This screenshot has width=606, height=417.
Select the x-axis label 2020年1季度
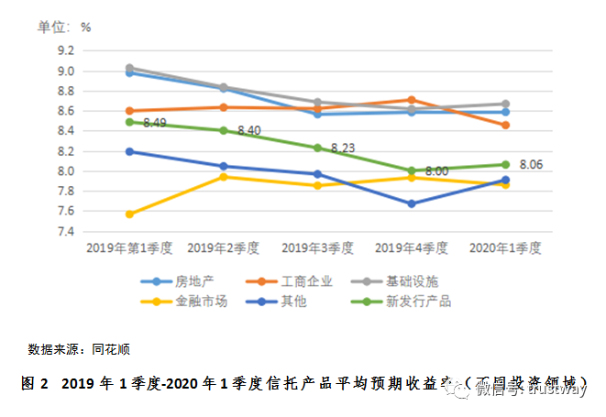tap(505, 248)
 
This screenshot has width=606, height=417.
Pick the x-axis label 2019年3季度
tap(317, 248)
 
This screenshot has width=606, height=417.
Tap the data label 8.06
tap(533, 165)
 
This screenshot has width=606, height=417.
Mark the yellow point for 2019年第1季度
tap(130, 214)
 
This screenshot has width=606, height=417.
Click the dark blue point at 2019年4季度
tap(412, 203)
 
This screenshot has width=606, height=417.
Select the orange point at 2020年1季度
tap(506, 125)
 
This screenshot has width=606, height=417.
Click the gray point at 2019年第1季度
tap(130, 68)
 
